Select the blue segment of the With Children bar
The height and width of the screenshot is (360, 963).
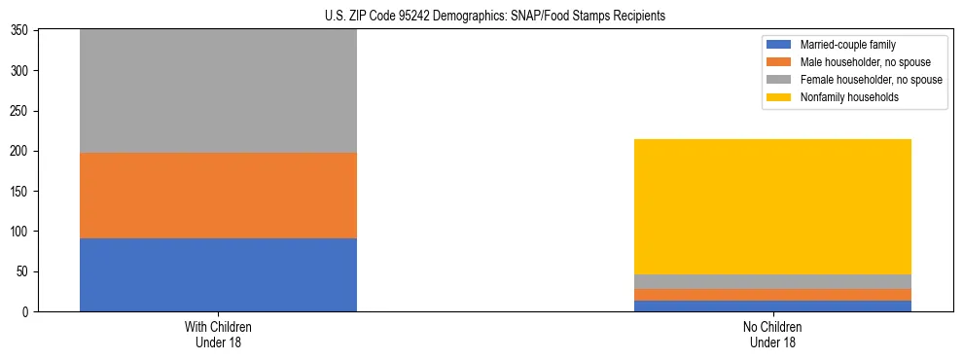[218, 274]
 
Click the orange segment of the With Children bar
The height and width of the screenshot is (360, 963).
[218, 195]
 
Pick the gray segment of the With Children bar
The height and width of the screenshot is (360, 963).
[218, 91]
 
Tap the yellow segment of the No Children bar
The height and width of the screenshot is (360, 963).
[772, 206]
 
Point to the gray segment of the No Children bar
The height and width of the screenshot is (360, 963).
[772, 281]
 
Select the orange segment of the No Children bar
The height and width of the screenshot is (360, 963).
[772, 295]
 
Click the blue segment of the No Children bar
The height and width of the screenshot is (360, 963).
[772, 306]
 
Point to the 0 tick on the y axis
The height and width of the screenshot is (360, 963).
[28, 312]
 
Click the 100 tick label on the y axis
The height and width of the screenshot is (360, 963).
[21, 232]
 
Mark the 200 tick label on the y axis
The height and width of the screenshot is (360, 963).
[21, 152]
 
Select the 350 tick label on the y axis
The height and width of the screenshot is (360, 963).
[21, 31]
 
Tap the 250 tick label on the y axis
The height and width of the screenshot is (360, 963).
[21, 111]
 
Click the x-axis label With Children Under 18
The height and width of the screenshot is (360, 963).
[218, 335]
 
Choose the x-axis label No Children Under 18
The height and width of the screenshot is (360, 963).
[772, 335]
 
